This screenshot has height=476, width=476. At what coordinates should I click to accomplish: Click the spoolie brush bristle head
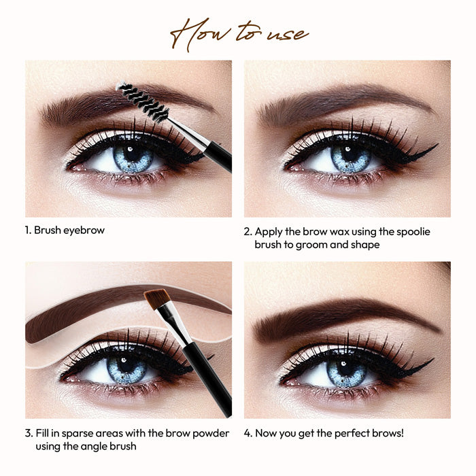coord(143,102)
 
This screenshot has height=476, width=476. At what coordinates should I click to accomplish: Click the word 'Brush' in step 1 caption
coord(48,231)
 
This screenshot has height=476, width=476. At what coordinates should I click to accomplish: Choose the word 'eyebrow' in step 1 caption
coord(85,231)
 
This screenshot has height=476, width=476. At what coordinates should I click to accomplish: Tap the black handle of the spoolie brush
coord(218,156)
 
